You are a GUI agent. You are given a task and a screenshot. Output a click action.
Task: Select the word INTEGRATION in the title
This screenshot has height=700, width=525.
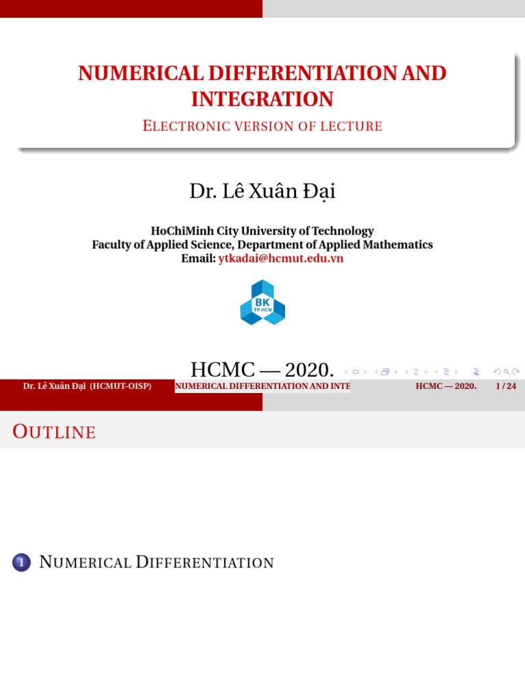coord(262,99)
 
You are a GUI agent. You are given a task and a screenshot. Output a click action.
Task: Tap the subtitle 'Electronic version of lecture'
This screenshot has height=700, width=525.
coord(262,126)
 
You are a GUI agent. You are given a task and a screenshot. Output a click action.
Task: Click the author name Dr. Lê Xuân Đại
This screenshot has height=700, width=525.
coord(262,191)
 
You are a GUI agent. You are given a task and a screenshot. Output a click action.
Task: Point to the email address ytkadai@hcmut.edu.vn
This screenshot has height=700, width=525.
coord(281,258)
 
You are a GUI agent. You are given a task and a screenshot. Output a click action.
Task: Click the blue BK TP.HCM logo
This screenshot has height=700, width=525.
coord(262,302)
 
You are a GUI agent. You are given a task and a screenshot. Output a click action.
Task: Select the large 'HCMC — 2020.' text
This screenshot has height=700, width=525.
coord(262,370)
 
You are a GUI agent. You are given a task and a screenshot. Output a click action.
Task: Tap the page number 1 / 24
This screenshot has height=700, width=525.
coord(506,386)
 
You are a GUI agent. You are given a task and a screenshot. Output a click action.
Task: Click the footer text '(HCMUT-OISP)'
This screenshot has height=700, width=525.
coord(120,386)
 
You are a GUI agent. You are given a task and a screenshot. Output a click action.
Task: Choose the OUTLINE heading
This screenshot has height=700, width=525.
coord(55,432)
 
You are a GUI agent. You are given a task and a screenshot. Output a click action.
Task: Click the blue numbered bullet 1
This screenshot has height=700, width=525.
coord(22,563)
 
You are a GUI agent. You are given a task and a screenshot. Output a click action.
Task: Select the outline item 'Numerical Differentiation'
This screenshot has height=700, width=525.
coord(157,563)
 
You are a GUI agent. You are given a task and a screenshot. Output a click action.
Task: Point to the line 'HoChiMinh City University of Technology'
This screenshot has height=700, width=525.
coord(262,231)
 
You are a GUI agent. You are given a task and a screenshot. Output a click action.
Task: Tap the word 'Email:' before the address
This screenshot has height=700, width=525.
coord(198,258)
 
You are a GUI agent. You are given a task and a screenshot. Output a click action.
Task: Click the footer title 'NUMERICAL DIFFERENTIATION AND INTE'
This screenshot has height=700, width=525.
coord(262,386)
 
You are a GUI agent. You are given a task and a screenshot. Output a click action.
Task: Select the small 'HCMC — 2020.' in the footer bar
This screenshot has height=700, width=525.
coord(446,386)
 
